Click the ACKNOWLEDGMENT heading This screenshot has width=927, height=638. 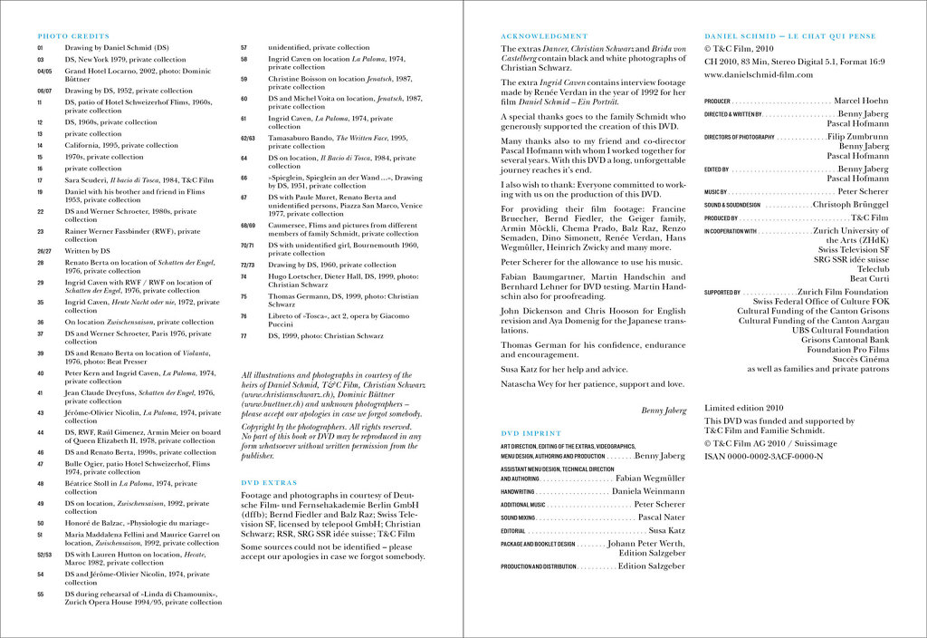coord(544,36)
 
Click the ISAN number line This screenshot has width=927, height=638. coord(763,456)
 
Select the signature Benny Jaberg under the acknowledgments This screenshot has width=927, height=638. coord(664,411)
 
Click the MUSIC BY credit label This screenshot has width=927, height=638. coord(716,192)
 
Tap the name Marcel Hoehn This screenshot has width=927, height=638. coord(861,101)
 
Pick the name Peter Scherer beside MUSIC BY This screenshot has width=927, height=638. coord(863,192)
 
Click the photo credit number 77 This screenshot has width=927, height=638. coord(244,336)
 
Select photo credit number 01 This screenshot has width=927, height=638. coord(40,47)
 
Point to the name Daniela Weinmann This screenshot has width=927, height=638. coord(648,491)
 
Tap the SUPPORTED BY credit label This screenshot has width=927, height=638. coord(722,293)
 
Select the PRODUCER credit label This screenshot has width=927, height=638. coord(717,101)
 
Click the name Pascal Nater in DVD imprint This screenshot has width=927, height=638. coord(661,517)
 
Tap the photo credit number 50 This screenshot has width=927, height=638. coord(41,523)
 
